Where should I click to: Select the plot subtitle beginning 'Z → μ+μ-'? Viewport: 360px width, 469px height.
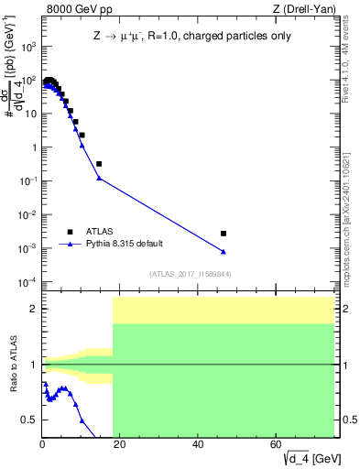(x=188, y=38)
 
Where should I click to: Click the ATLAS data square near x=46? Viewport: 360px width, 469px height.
(x=224, y=234)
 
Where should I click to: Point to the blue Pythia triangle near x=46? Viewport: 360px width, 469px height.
(x=224, y=252)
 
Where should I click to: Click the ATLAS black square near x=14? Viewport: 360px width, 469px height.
(x=99, y=164)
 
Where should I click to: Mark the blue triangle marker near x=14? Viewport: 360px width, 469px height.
(x=99, y=178)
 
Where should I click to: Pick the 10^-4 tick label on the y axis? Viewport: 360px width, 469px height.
(x=27, y=281)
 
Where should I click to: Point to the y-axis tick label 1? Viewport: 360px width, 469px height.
(x=33, y=147)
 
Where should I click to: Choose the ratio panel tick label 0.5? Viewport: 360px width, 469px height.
(x=28, y=420)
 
